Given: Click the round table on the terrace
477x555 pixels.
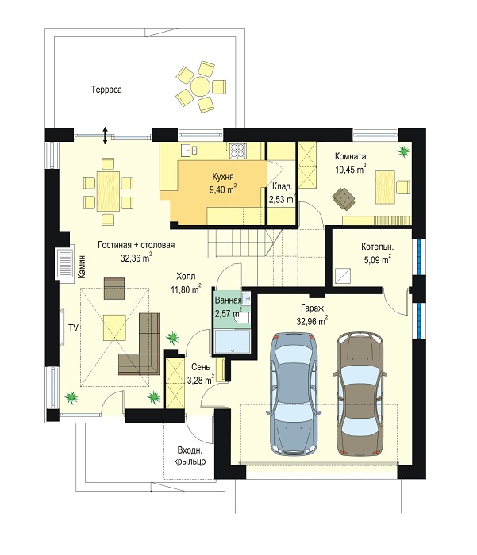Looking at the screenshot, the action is pyautogui.click(x=200, y=86).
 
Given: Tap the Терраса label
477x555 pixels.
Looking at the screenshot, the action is pyautogui.click(x=106, y=90).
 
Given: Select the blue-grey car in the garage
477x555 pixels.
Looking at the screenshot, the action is pyautogui.click(x=294, y=394).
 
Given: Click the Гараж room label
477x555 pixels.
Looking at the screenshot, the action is pyautogui.click(x=312, y=308).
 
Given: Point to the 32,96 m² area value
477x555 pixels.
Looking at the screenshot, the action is pyautogui.click(x=312, y=321).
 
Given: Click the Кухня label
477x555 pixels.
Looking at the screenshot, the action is pyautogui.click(x=223, y=177).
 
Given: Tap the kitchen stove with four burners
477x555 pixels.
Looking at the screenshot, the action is pyautogui.click(x=237, y=150).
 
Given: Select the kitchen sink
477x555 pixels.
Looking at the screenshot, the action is pyautogui.click(x=190, y=150).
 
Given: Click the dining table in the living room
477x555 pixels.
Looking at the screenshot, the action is pyautogui.click(x=108, y=191).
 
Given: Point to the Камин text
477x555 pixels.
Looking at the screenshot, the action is pyautogui.click(x=82, y=267).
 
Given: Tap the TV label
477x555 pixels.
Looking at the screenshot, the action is pyautogui.click(x=73, y=328).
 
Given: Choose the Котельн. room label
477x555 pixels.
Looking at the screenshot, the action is pyautogui.click(x=378, y=247).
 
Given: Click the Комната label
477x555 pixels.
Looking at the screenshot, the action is pyautogui.click(x=350, y=156).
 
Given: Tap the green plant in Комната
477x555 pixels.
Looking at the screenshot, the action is pyautogui.click(x=403, y=151).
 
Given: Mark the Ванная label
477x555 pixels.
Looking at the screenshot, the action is pyautogui.click(x=229, y=300).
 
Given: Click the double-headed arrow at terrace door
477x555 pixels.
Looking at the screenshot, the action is pyautogui.click(x=105, y=136).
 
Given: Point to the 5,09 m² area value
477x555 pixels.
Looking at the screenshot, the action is pyautogui.click(x=378, y=259).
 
